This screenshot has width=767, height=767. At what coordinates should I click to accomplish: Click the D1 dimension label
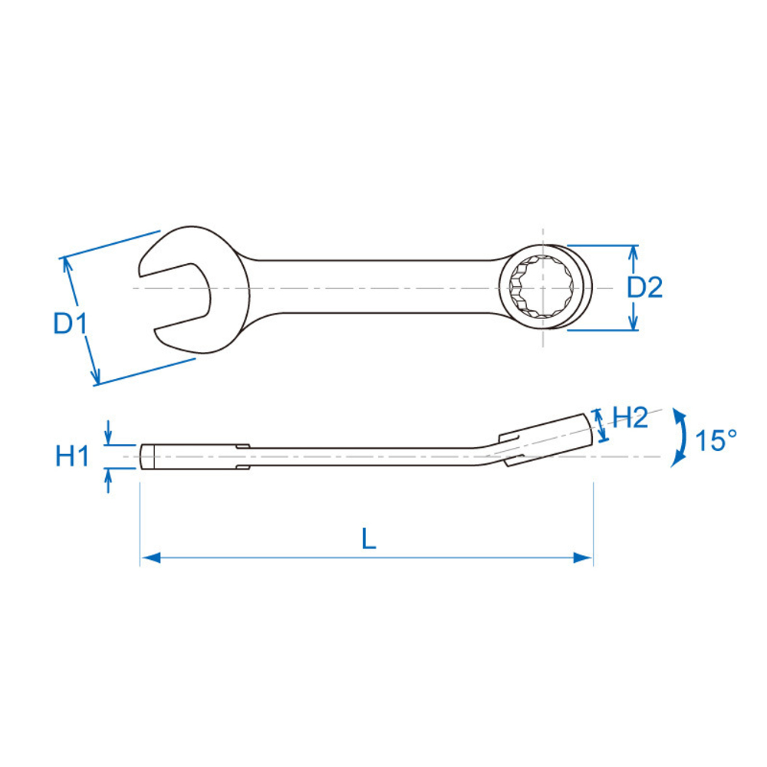[x=70, y=324]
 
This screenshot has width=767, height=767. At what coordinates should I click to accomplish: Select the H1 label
[x=72, y=456]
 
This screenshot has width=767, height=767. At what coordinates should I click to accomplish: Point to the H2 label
[x=630, y=418]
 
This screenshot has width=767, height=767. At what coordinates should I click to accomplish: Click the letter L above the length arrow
[x=368, y=538]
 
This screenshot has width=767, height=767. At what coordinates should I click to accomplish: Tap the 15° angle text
[x=716, y=440]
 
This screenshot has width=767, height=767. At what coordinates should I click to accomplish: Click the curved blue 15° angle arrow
[x=680, y=437]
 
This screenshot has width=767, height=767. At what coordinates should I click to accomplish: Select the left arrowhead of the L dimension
[x=150, y=558]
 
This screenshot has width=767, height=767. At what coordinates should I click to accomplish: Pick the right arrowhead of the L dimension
[x=583, y=558]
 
